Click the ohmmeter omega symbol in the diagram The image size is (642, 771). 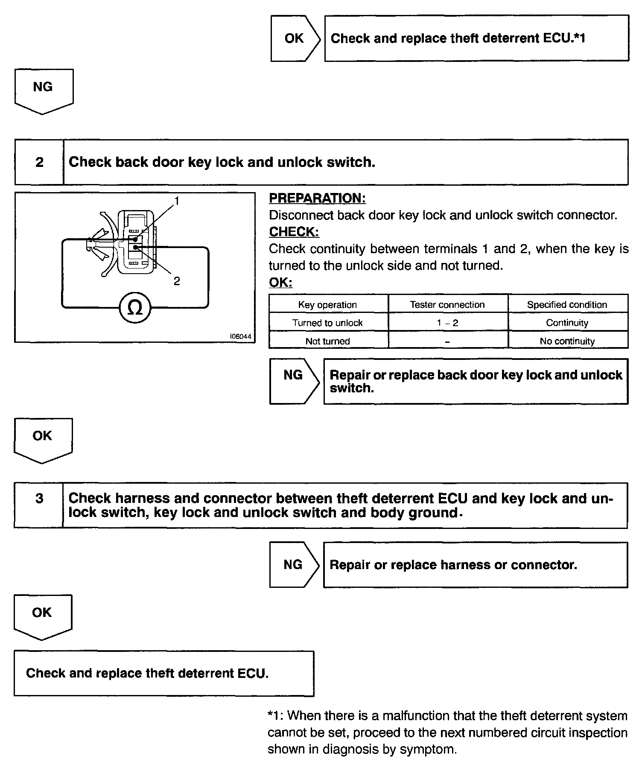point(135,308)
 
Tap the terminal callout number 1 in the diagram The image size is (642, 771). point(177,200)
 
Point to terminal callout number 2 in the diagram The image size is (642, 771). point(177,281)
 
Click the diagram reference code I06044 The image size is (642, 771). point(241,336)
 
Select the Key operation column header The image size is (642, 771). point(327,304)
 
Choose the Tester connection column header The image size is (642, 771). point(447,304)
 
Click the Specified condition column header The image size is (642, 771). point(567,304)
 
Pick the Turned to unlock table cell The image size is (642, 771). point(327,323)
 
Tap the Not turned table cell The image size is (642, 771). point(327,341)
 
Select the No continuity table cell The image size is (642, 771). point(567,341)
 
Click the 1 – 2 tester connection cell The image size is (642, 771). point(447,323)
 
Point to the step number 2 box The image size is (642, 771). point(39,162)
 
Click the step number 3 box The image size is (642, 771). point(39,498)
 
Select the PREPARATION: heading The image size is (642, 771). point(317,198)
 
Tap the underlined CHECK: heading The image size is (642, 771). point(294,232)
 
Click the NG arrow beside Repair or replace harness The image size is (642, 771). point(294,564)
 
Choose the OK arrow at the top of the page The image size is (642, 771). point(295,38)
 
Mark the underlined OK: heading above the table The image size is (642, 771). point(280,283)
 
